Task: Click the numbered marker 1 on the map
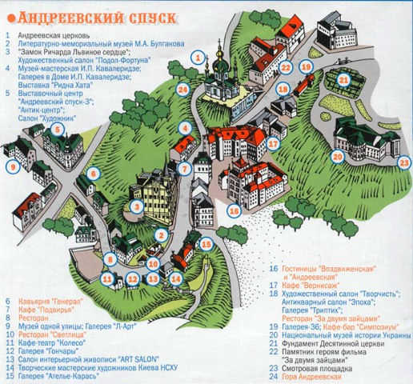196,56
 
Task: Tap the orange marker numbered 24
183,89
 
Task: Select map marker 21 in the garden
343,80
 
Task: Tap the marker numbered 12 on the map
132,279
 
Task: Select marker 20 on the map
337,158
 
